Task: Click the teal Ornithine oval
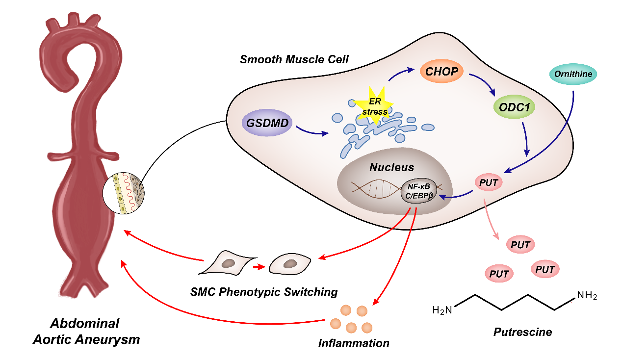pos(573,75)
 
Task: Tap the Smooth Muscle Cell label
pos(294,60)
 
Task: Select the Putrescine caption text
pos(522,332)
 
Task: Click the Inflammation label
pos(354,342)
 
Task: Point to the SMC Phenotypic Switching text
pos(264,292)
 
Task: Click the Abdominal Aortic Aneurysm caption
pos(86,332)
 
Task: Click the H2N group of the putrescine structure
pos(442,310)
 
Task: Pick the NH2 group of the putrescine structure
pos(587,296)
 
